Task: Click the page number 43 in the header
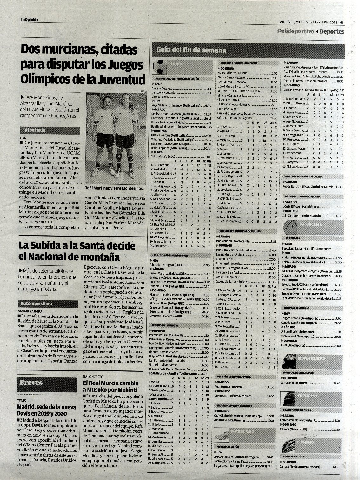[x=342, y=22]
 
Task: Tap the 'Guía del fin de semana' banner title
[x=191, y=50]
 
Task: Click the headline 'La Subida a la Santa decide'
[x=72, y=246]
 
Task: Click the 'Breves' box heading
[x=31, y=382]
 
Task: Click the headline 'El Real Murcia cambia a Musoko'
[x=110, y=386]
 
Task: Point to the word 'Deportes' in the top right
[x=332, y=31]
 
